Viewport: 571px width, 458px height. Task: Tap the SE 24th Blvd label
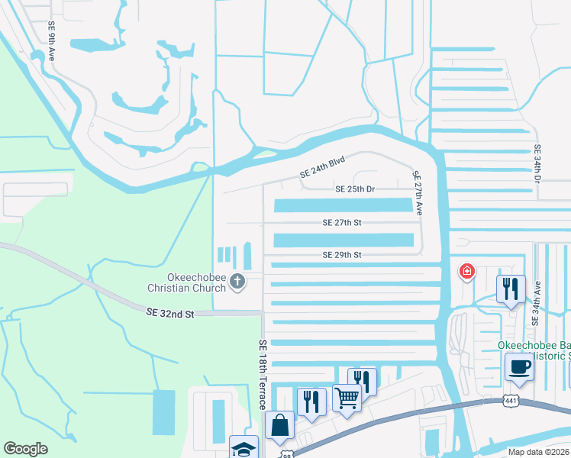tap(323, 167)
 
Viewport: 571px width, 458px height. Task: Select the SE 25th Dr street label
tap(355, 189)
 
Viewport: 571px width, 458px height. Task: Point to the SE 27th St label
tap(341, 223)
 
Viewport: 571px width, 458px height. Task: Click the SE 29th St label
tap(341, 254)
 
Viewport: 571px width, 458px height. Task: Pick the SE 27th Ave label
tap(417, 193)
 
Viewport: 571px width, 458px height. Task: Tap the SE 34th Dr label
tap(537, 164)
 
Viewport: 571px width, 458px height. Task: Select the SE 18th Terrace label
tap(263, 374)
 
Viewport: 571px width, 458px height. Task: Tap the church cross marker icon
tap(237, 282)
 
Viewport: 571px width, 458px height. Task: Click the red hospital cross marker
tap(466, 271)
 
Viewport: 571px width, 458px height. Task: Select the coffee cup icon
tap(519, 366)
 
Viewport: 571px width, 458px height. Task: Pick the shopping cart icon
tap(347, 398)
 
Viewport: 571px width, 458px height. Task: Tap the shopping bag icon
tap(279, 425)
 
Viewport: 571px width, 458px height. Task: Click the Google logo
tap(25, 449)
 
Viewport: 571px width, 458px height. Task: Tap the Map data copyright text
tap(538, 452)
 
